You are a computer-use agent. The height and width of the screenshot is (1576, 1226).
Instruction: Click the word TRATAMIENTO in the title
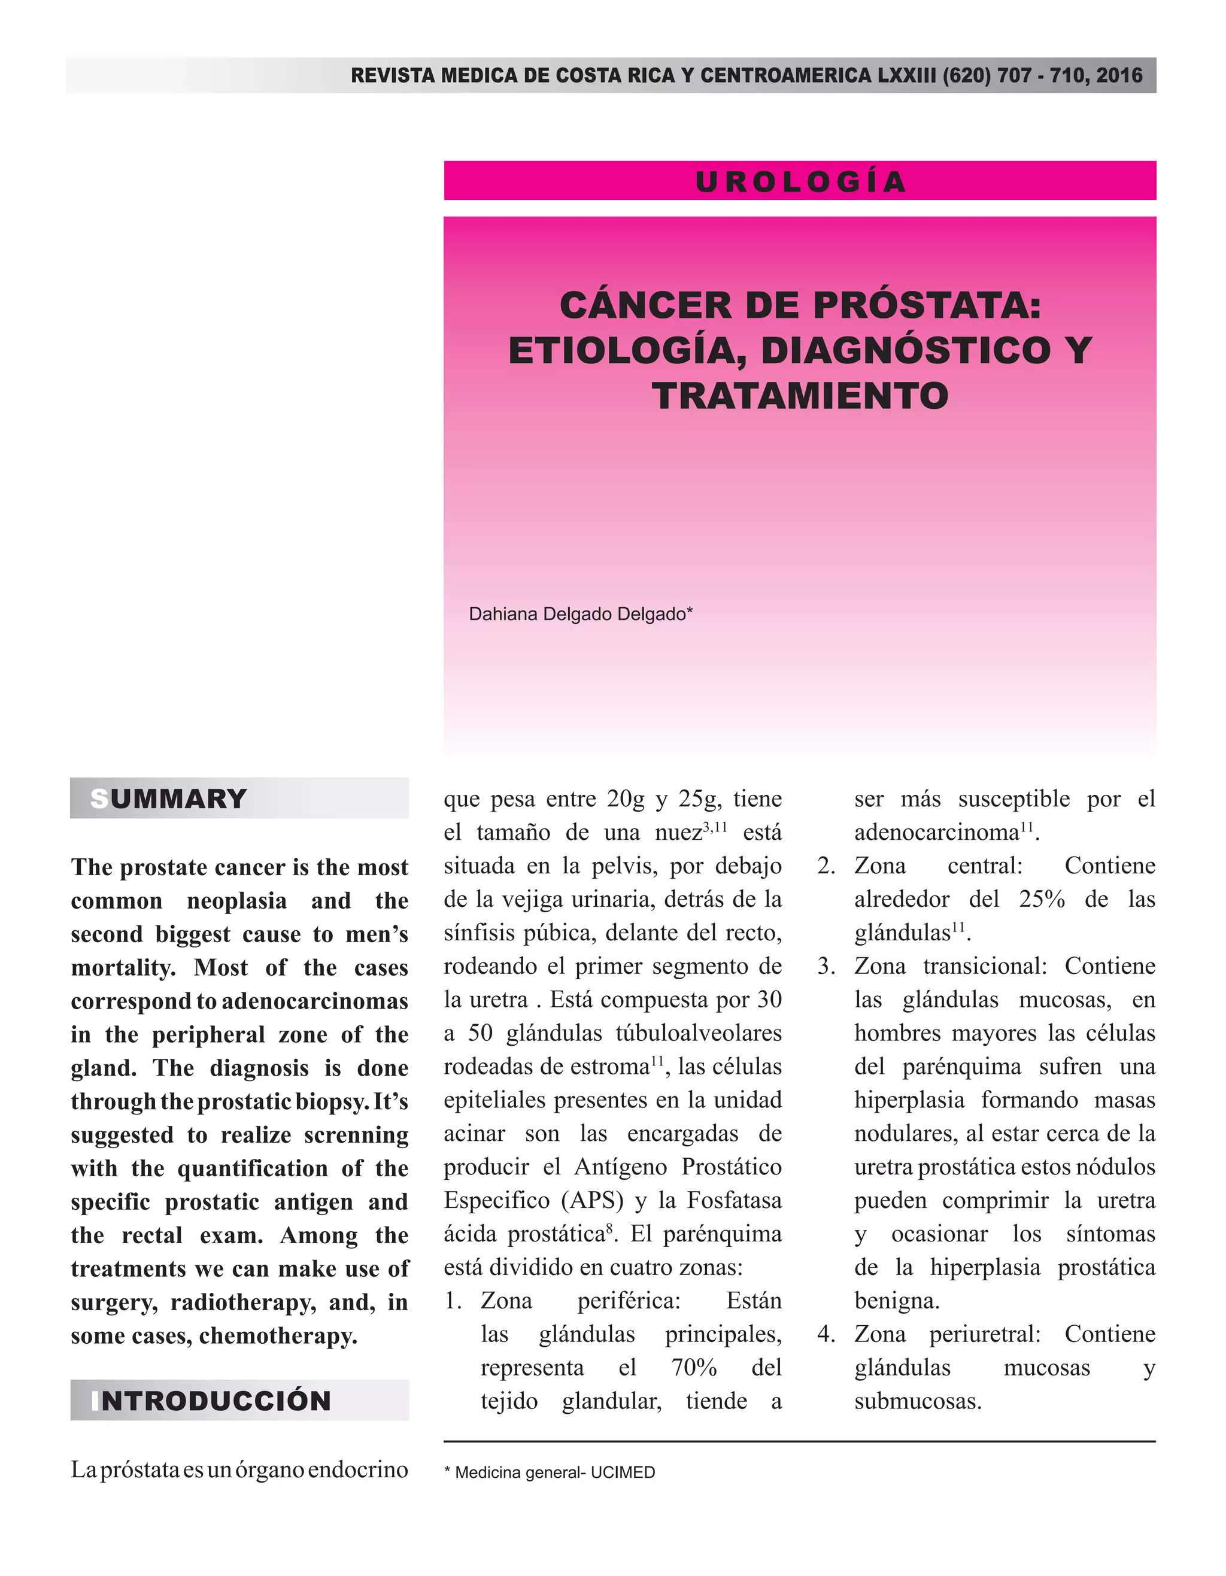pos(800,396)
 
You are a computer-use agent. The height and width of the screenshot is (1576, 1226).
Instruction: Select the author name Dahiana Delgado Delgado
pos(580,614)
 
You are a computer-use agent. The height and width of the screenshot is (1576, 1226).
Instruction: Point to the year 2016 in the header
pos(1118,75)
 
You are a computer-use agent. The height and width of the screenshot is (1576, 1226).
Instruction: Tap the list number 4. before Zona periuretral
pos(826,1334)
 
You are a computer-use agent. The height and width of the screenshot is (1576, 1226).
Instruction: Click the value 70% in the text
pos(694,1368)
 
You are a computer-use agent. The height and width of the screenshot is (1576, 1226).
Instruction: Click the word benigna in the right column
pos(897,1300)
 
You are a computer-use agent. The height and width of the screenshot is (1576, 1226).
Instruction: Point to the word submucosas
pos(918,1401)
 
